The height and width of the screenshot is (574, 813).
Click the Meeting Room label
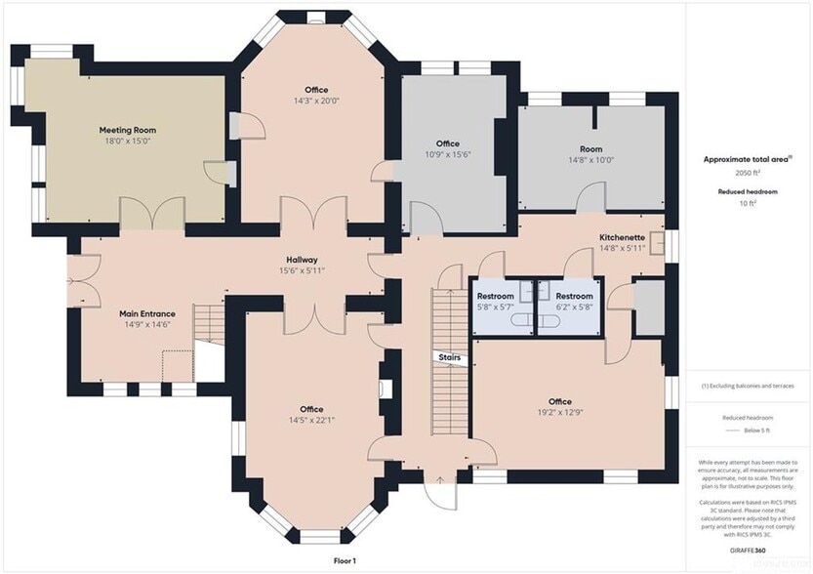[x=127, y=130]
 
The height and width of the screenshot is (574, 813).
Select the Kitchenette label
[x=622, y=237]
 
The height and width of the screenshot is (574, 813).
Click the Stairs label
[x=449, y=358]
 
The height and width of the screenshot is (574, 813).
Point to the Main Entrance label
[x=147, y=313]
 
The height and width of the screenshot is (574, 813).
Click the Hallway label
[x=302, y=259]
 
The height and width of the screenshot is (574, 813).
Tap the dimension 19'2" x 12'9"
[x=559, y=414]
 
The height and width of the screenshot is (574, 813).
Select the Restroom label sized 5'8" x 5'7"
[x=495, y=296]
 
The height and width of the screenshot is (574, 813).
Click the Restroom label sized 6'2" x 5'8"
[x=574, y=296]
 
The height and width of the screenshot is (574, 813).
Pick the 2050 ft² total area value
[x=747, y=171]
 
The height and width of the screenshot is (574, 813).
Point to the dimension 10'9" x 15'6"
[x=448, y=155]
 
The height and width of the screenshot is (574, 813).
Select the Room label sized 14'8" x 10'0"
[x=591, y=149]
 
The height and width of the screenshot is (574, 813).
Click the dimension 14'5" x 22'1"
[x=312, y=421]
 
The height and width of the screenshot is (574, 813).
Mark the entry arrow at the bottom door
[x=441, y=479]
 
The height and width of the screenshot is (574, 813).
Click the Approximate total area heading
[x=747, y=158]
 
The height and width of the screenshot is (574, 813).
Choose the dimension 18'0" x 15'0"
[x=127, y=142]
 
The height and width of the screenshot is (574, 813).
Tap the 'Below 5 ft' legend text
[x=747, y=429]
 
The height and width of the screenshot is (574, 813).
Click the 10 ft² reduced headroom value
[x=747, y=203]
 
